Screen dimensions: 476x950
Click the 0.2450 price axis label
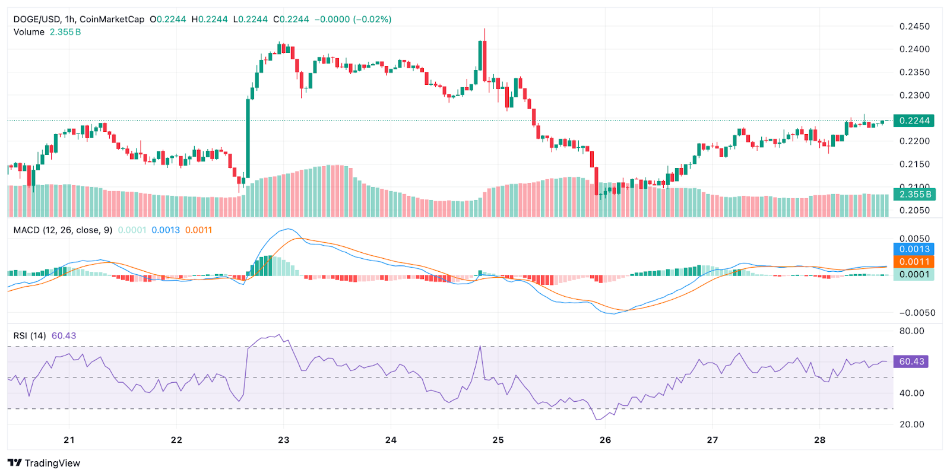[914, 26]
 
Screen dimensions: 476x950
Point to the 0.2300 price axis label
[914, 95]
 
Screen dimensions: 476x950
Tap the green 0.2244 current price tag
[914, 120]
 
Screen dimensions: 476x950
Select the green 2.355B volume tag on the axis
[914, 194]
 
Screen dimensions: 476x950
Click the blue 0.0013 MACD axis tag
[914, 249]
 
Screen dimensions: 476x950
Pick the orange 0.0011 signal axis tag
[914, 262]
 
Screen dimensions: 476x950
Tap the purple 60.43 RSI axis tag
[911, 361]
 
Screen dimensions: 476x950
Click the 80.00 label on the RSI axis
[911, 331]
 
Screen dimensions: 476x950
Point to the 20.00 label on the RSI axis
[911, 424]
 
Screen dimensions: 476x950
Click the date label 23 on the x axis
[284, 440]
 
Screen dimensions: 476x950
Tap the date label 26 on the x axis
[605, 440]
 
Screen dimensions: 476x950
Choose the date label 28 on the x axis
[819, 440]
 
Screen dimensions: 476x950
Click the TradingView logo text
[52, 463]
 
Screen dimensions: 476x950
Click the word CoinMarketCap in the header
[112, 19]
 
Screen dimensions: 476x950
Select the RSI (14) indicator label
[30, 336]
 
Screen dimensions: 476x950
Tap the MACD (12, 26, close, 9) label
[63, 230]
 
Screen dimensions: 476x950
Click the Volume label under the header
[29, 32]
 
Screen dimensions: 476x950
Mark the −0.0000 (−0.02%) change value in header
[353, 19]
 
